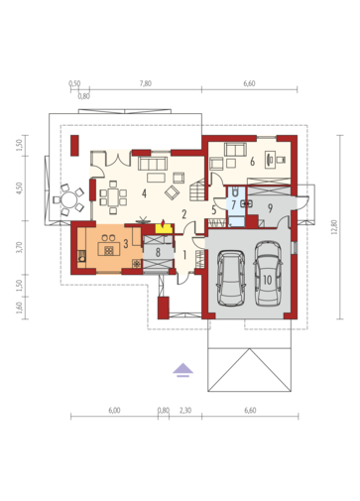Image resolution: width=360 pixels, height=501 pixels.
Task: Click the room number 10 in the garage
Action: tap(267, 280)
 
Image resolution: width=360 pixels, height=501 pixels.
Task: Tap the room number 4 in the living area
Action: tap(144, 193)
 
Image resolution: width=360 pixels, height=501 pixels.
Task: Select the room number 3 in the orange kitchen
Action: tap(126, 244)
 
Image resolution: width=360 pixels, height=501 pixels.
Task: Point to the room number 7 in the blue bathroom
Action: tap(234, 205)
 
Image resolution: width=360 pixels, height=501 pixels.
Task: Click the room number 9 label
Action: tap(270, 208)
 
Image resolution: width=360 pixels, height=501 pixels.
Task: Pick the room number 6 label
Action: tap(252, 162)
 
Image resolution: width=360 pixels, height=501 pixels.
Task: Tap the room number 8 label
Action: tap(158, 253)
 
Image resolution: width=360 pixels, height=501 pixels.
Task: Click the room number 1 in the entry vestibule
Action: tap(184, 255)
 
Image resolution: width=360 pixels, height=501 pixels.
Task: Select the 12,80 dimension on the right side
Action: tap(334, 227)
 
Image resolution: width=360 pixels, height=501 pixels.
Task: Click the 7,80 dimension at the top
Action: tap(146, 83)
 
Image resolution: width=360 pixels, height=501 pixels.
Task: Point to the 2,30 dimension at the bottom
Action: tap(185, 411)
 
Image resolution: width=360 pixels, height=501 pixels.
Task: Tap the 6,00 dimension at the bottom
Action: tap(114, 411)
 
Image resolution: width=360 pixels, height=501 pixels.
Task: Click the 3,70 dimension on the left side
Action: tap(19, 247)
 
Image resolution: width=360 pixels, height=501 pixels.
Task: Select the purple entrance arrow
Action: tap(182, 370)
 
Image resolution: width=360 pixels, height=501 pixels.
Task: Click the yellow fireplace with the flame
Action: tap(164, 227)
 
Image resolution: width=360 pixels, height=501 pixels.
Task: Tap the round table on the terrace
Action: tap(69, 199)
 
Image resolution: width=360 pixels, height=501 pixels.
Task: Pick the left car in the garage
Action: tap(231, 278)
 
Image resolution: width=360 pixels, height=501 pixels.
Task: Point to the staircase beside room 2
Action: tap(197, 189)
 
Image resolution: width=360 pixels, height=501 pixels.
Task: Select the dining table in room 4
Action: tap(113, 197)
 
